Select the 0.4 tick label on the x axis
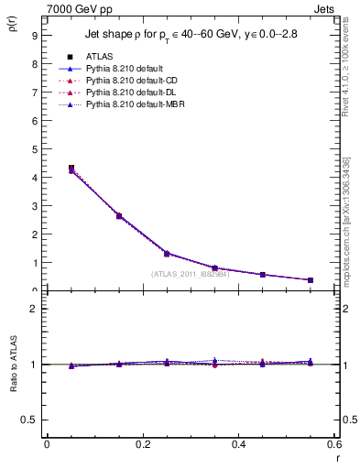tap(238, 444)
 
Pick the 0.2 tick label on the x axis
tap(143, 444)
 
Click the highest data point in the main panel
tap(71, 169)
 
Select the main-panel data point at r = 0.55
tap(311, 280)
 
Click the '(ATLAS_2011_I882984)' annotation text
tap(191, 274)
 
